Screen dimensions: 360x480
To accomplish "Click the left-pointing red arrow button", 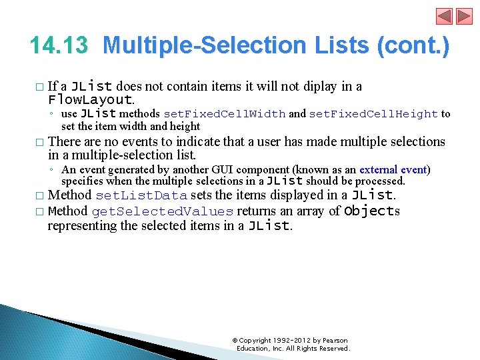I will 445,16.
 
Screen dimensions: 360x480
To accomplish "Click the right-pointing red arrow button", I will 463,16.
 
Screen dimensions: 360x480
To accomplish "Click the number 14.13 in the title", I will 59,46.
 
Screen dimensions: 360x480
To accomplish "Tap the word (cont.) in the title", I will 413,46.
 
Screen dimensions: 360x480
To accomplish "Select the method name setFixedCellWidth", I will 225,114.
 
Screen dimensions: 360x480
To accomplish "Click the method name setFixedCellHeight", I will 373,114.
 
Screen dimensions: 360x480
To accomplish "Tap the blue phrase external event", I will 393,169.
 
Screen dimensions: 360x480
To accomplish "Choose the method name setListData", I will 141,195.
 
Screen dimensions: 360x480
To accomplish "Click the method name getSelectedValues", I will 163,211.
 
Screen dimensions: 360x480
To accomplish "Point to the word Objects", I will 371,211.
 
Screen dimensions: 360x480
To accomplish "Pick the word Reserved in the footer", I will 334,348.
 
